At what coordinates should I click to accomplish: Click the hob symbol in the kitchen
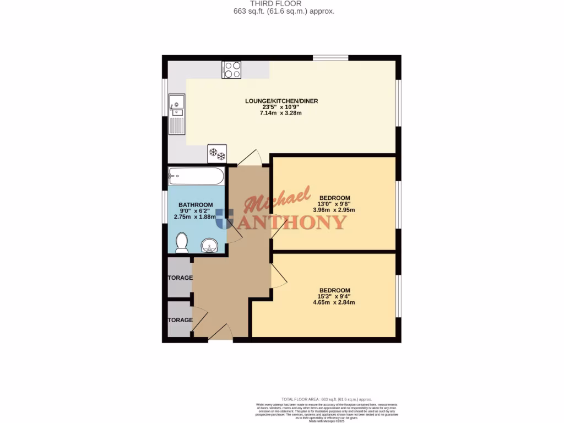coord(231,70)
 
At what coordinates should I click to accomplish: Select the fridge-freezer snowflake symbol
coord(216,154)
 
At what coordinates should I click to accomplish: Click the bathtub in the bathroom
coord(196,177)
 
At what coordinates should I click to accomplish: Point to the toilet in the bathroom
coord(181,242)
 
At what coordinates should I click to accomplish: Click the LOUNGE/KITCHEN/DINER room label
coord(281,101)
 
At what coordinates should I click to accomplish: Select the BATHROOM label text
coord(196,205)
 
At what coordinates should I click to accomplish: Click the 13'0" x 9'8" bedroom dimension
coord(334,204)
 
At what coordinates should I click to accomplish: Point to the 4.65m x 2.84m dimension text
coord(334,302)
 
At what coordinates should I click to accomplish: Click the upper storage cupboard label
coord(180,278)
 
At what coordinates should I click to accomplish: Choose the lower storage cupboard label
coord(180,320)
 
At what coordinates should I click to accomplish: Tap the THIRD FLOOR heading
coord(283,3)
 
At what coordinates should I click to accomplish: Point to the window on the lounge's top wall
coord(330,57)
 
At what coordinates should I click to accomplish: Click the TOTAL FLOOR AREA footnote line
coord(327,399)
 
